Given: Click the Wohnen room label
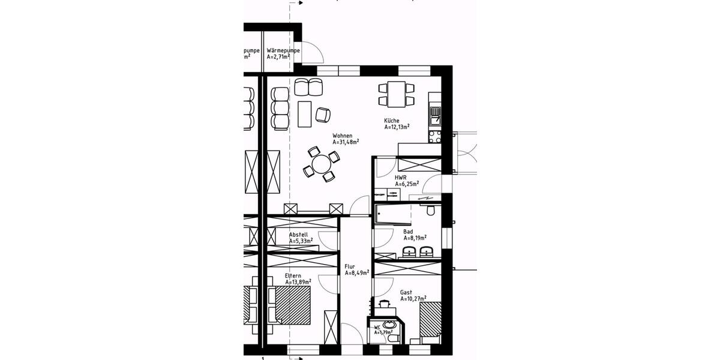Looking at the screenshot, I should click(343, 136).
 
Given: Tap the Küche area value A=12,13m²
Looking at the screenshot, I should click(397, 127).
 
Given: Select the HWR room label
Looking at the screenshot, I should click(400, 178).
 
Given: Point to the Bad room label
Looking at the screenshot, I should click(408, 231).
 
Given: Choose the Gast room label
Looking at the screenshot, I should click(406, 292).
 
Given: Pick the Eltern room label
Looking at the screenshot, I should click(293, 276).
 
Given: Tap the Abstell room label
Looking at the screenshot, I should click(298, 235).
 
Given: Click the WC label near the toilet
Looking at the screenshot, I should click(377, 328).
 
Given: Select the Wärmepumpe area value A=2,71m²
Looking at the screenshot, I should click(278, 57).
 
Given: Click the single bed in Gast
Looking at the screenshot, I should click(430, 321).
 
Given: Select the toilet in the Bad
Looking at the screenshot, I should click(430, 211).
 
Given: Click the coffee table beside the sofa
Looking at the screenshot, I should click(304, 114).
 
